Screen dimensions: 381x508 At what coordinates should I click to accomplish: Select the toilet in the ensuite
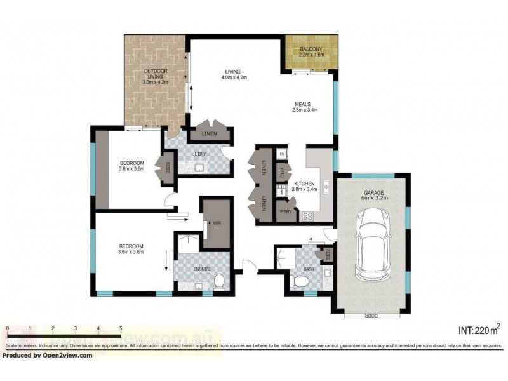pos(220,281)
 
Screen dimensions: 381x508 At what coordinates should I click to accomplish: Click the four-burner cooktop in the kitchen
pos(308,215)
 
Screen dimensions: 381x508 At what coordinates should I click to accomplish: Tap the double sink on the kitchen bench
pos(325,186)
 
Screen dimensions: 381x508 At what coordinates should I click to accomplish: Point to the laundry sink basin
pos(199,168)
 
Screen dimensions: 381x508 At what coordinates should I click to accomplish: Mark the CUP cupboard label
pos(282,171)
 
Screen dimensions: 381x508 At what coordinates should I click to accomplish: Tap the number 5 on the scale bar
pos(121,328)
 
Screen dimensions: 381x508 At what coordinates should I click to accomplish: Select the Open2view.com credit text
pos(47,355)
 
